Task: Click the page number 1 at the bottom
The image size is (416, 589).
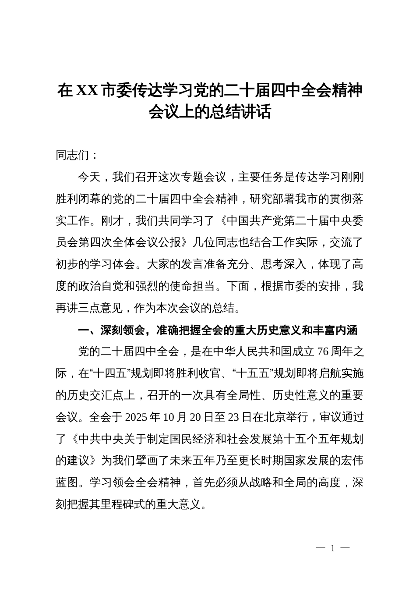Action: point(333,548)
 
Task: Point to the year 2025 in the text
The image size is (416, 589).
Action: point(137,417)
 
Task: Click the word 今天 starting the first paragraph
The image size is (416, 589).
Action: point(89,177)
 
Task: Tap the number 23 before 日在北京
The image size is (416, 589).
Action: point(233,417)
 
